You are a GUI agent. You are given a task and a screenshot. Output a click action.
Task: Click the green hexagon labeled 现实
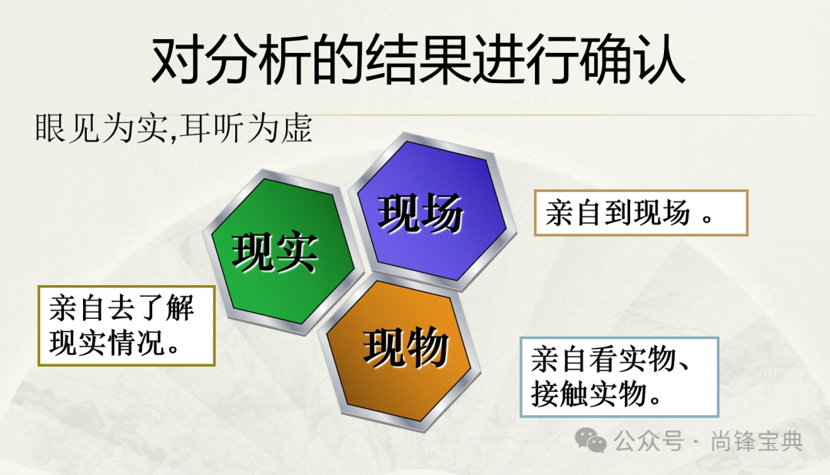[x=282, y=251]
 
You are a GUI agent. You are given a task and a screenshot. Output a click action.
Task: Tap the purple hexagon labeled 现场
[x=431, y=211]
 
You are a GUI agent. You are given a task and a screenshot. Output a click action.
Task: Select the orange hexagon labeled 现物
[x=400, y=352]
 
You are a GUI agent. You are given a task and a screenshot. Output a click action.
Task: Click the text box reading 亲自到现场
[x=640, y=213]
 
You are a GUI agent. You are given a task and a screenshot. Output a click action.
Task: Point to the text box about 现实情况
[x=127, y=326]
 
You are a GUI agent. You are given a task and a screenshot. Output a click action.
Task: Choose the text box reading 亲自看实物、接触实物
[x=619, y=377]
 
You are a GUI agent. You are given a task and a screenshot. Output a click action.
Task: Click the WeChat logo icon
[x=590, y=440]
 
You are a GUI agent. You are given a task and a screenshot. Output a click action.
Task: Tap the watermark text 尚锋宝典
[x=756, y=441]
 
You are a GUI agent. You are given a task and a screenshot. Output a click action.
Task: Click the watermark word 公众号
[x=649, y=441]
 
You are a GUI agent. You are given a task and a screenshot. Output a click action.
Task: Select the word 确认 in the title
[x=632, y=58]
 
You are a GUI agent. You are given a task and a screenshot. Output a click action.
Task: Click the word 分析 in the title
[x=257, y=58]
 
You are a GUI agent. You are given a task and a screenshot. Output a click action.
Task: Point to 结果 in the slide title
[x=418, y=58]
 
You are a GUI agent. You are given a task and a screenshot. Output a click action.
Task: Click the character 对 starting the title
[x=178, y=58]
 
